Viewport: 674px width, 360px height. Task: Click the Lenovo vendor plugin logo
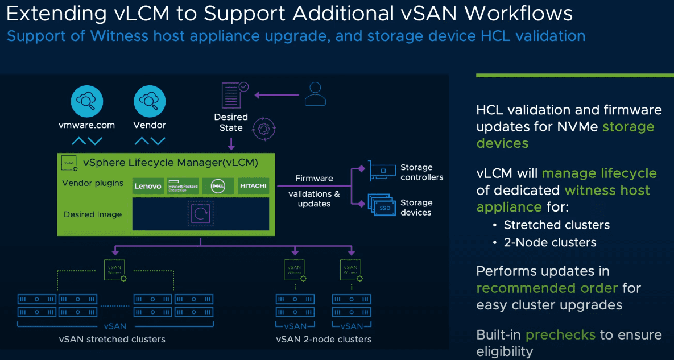coord(148,186)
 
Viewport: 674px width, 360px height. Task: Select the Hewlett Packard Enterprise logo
coord(183,186)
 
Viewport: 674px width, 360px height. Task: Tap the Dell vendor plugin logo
coord(218,186)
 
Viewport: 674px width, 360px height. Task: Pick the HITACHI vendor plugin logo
coord(253,186)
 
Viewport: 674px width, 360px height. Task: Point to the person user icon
coord(315,94)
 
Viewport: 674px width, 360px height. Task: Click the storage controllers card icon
coord(382,169)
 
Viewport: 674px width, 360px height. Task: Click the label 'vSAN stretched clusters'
coord(112,340)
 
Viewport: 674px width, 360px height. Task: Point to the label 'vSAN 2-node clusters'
coord(324,340)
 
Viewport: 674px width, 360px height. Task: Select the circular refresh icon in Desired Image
coord(201,214)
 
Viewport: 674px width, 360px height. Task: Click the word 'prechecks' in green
coord(560,334)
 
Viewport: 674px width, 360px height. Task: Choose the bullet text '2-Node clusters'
coord(550,242)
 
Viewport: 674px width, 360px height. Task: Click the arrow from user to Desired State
coord(276,95)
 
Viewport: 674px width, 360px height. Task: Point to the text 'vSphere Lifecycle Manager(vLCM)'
coord(171,163)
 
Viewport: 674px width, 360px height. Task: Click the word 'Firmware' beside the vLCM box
coord(314,179)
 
